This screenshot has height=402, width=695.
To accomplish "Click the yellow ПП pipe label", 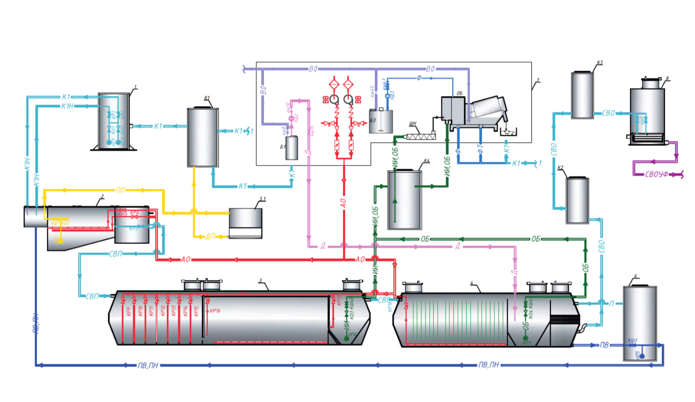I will click(x=120, y=190).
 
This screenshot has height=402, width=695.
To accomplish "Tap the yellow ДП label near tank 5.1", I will click(x=210, y=237).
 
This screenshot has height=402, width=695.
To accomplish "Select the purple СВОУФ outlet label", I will click(x=657, y=175).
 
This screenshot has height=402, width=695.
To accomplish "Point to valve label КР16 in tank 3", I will click(x=215, y=311).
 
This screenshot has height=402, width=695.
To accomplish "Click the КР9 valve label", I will click(x=129, y=311).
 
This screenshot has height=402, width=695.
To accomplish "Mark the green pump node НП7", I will click(x=525, y=339).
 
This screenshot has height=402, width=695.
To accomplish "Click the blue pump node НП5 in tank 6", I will click(x=642, y=356).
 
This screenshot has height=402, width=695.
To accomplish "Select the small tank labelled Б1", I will click(x=292, y=148).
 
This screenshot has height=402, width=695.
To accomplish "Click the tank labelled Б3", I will click(x=381, y=122).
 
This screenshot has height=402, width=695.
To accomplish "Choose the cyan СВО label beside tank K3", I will click(x=608, y=113).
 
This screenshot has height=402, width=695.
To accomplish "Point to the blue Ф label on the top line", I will click(x=419, y=78).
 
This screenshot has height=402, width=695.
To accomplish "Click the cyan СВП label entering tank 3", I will click(x=93, y=296).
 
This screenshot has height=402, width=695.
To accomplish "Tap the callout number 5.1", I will click(x=263, y=199).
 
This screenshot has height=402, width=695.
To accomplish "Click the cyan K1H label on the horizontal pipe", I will click(x=67, y=106).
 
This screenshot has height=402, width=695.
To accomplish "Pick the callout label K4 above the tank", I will click(x=426, y=161).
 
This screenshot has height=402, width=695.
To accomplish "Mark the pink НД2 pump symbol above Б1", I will click(x=291, y=119).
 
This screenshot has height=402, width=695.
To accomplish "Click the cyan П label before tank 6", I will click(x=612, y=304).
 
